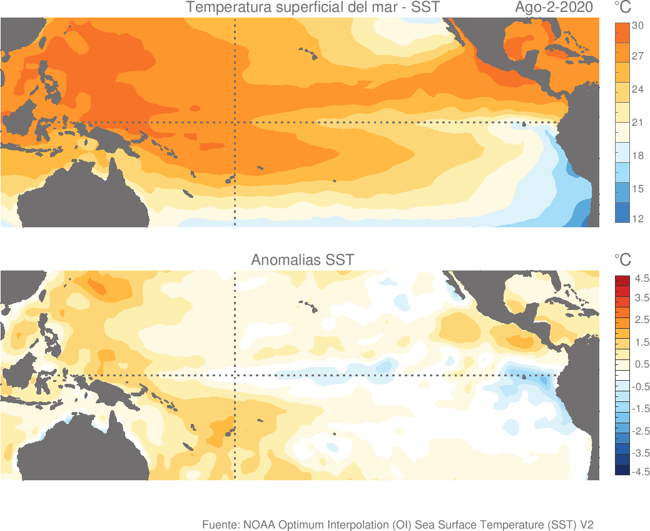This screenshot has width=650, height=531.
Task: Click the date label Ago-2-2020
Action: pyautogui.click(x=554, y=8)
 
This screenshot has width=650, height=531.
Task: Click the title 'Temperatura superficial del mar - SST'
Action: pyautogui.click(x=313, y=8)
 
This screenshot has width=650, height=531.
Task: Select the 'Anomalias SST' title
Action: pyautogui.click(x=302, y=260)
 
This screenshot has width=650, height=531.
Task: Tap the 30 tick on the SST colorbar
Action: pyautogui.click(x=637, y=26)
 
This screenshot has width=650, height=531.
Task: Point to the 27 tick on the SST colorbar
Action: pyautogui.click(x=637, y=56)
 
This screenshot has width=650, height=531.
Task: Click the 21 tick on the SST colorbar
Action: pyautogui.click(x=637, y=123)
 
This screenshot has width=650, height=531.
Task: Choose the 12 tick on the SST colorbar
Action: pyautogui.click(x=637, y=219)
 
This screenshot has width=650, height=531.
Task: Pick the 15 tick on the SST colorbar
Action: pyautogui.click(x=637, y=189)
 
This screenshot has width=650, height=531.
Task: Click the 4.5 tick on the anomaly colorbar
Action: pyautogui.click(x=642, y=278)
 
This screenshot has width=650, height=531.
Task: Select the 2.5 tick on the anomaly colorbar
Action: pyautogui.click(x=642, y=321)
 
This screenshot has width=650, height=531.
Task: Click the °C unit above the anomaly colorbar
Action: pyautogui.click(x=622, y=260)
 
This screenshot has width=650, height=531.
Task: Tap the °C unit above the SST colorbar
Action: pyautogui.click(x=622, y=8)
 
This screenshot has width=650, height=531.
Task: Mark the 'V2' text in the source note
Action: pyautogui.click(x=586, y=524)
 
